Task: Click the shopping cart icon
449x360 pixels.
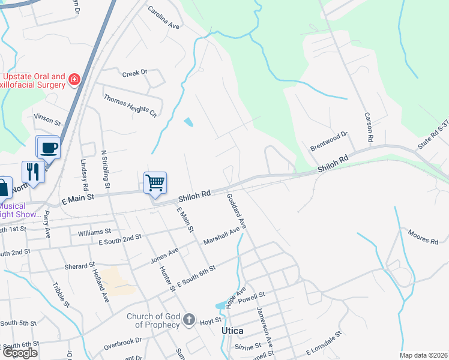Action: tap(155, 182)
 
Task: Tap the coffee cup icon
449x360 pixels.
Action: tap(48, 147)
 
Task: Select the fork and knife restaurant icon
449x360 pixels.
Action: tap(33, 172)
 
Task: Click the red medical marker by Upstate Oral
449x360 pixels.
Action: tap(74, 79)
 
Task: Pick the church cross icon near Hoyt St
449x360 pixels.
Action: tap(189, 319)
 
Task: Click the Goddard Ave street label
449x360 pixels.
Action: tap(237, 211)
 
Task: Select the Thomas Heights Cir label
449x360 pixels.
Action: tap(130, 105)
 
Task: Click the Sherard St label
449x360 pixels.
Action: tap(80, 265)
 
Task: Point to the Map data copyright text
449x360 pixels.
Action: tap(423, 355)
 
